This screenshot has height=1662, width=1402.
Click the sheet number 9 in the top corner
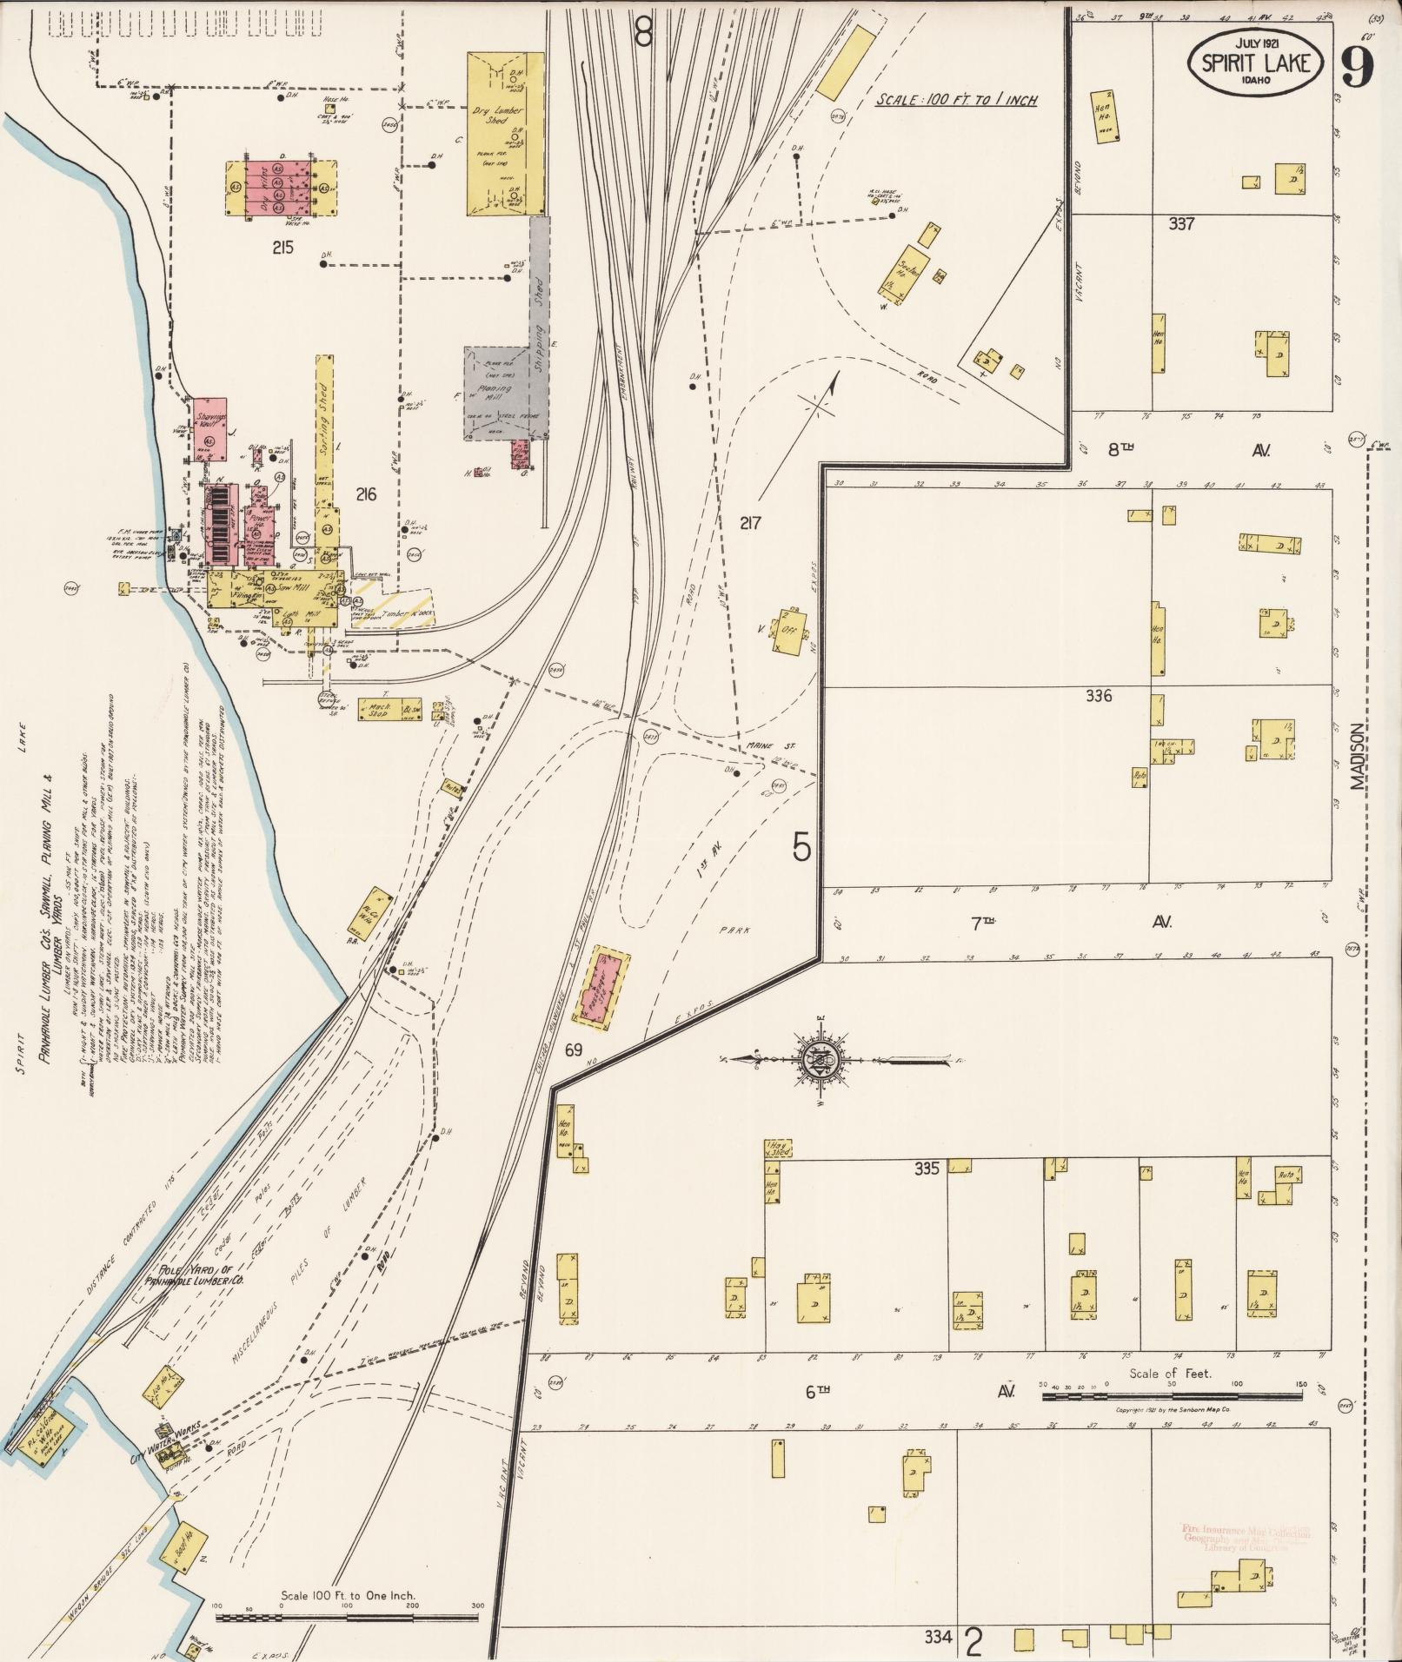click(1357, 65)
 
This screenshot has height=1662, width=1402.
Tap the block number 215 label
click(282, 248)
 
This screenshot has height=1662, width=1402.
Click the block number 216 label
click(366, 494)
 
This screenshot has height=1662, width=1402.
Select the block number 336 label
click(1099, 696)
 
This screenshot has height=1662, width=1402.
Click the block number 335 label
click(927, 1169)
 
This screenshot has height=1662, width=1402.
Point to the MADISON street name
click(1357, 758)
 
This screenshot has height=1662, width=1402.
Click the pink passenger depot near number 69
click(611, 988)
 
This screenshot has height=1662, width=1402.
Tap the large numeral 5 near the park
click(801, 847)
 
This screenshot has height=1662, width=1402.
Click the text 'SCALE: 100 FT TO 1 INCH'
click(956, 100)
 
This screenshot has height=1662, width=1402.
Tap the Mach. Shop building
click(379, 708)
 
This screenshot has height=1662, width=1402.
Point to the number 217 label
click(750, 523)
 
